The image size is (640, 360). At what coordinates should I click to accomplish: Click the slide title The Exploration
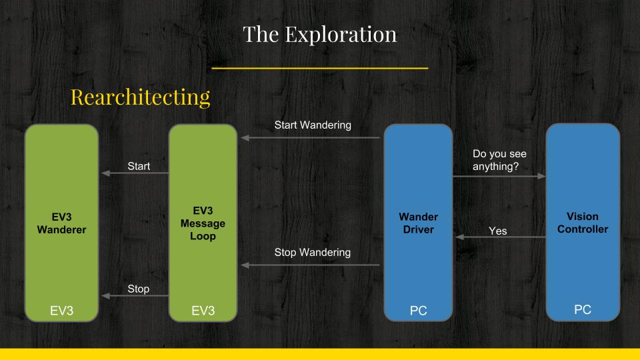coord(319,34)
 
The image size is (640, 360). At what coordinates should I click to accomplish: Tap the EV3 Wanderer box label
coord(61,223)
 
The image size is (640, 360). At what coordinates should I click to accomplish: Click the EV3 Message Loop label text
coord(203,223)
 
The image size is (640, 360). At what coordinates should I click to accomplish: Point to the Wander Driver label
coord(419,223)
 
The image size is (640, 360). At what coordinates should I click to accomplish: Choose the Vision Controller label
coord(583,223)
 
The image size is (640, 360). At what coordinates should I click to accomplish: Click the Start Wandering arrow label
coord(313,125)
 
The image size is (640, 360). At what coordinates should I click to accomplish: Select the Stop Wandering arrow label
coord(313,252)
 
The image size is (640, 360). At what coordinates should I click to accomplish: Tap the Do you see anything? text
coord(499,160)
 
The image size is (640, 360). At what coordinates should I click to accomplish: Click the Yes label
coord(497,231)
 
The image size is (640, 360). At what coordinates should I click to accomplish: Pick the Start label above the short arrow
coord(139,166)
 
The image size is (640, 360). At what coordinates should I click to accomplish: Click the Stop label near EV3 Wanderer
coord(139,289)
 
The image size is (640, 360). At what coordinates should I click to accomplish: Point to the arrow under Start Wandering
coord(311,138)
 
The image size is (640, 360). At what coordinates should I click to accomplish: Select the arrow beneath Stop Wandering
coord(311,265)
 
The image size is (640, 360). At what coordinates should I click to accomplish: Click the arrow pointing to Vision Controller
coord(499,176)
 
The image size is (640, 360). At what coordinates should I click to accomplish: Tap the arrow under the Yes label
coord(501,237)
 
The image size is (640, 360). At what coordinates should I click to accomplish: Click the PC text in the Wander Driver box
coord(419,311)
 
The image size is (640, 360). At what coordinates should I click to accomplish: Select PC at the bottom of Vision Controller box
coord(583,309)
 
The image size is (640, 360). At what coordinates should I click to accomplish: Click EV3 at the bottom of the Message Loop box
coord(203,311)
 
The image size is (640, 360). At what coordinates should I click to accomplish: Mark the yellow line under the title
coord(319,68)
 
